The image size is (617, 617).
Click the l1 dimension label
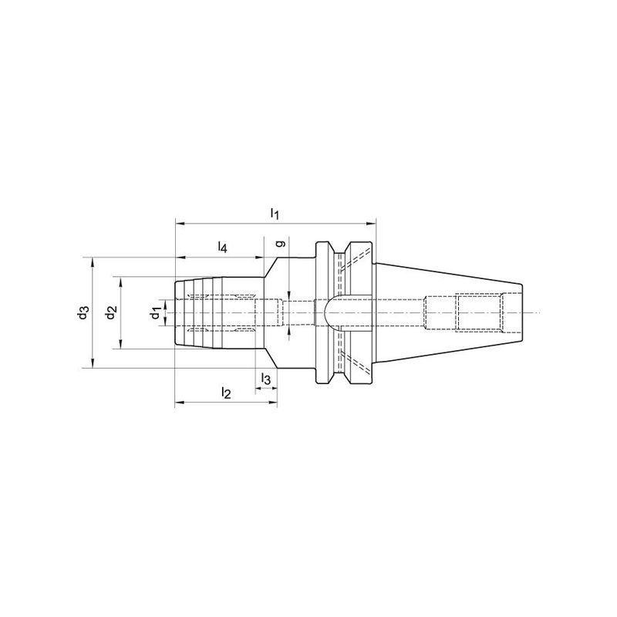pyautogui.click(x=275, y=214)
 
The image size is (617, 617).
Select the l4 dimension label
pyautogui.click(x=223, y=247)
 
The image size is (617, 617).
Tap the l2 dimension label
pyautogui.click(x=226, y=393)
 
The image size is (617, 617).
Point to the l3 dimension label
pyautogui.click(x=266, y=379)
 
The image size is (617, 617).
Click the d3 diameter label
pyautogui.click(x=83, y=312)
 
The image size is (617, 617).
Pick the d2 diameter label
pyautogui.click(x=111, y=312)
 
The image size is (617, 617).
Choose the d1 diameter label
pyautogui.click(x=156, y=313)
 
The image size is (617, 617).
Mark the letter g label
pyautogui.click(x=280, y=244)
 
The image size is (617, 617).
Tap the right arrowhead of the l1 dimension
pyautogui.click(x=371, y=224)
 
